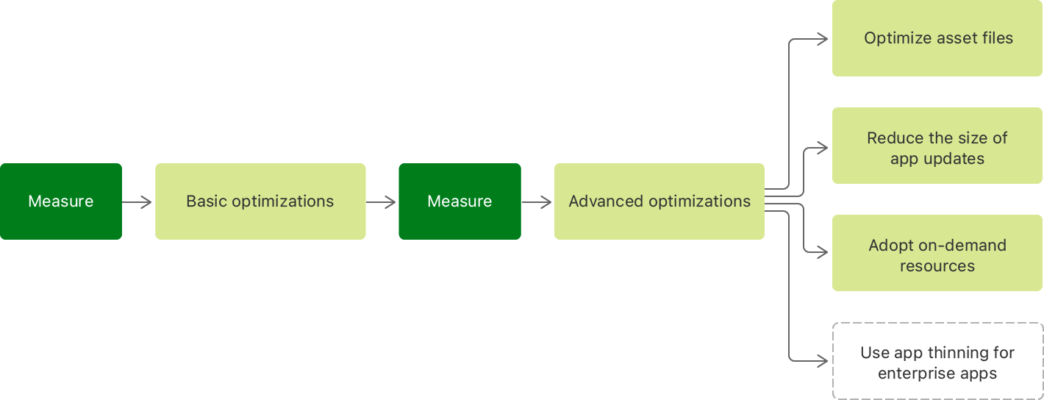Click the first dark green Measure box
61,201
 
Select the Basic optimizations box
260,201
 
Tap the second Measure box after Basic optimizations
460,201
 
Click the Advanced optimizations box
659,201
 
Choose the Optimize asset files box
937,38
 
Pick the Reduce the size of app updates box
937,146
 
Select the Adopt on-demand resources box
937,253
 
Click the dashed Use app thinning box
937,361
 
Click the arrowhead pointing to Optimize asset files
823,39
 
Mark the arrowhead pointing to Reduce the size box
823,147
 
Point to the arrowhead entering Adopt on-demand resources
823,252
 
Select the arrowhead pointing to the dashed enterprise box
823,360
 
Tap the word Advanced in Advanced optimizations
601,201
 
